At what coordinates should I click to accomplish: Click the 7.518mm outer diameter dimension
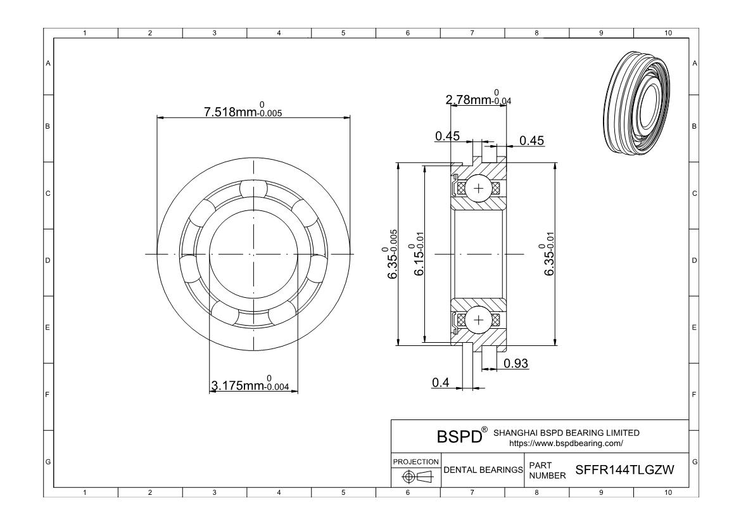[x=243, y=110]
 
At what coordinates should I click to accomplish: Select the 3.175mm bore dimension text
[x=250, y=383]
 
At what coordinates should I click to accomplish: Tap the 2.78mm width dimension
[x=478, y=98]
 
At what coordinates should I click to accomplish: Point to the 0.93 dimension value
[x=516, y=363]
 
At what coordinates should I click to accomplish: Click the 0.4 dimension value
[x=440, y=382]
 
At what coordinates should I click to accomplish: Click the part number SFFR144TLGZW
[x=624, y=470]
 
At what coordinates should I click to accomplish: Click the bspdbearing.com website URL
[x=566, y=444]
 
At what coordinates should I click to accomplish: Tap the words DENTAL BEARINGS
[x=483, y=470]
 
